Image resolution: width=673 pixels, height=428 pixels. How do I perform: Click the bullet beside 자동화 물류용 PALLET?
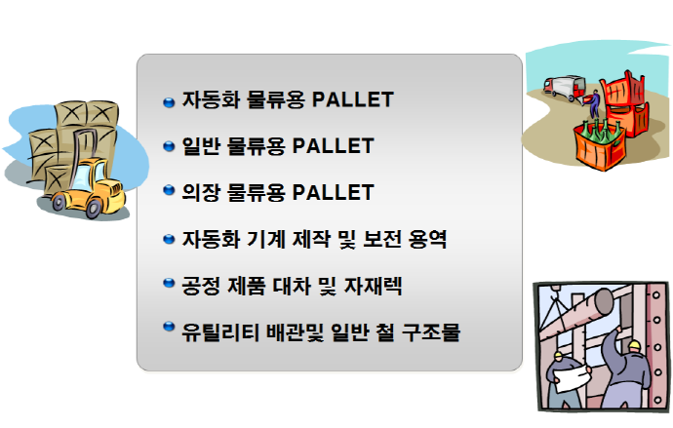click(169, 102)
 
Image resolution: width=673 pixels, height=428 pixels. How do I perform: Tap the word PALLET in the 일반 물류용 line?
click(333, 146)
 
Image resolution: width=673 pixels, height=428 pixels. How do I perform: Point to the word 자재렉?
click(374, 286)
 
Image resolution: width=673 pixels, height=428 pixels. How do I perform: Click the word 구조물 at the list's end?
click(431, 331)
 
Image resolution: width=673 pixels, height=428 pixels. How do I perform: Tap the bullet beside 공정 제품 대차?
click(169, 283)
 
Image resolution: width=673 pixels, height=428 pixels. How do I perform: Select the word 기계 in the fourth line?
click(265, 239)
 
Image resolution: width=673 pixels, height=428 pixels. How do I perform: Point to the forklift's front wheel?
click(93, 209)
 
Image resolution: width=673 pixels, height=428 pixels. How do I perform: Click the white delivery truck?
click(565, 87)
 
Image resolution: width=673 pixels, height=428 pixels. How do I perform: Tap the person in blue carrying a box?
click(594, 103)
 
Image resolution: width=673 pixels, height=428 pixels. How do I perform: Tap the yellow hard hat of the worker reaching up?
click(634, 345)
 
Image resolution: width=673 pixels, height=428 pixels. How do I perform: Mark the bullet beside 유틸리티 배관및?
click(169, 327)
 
